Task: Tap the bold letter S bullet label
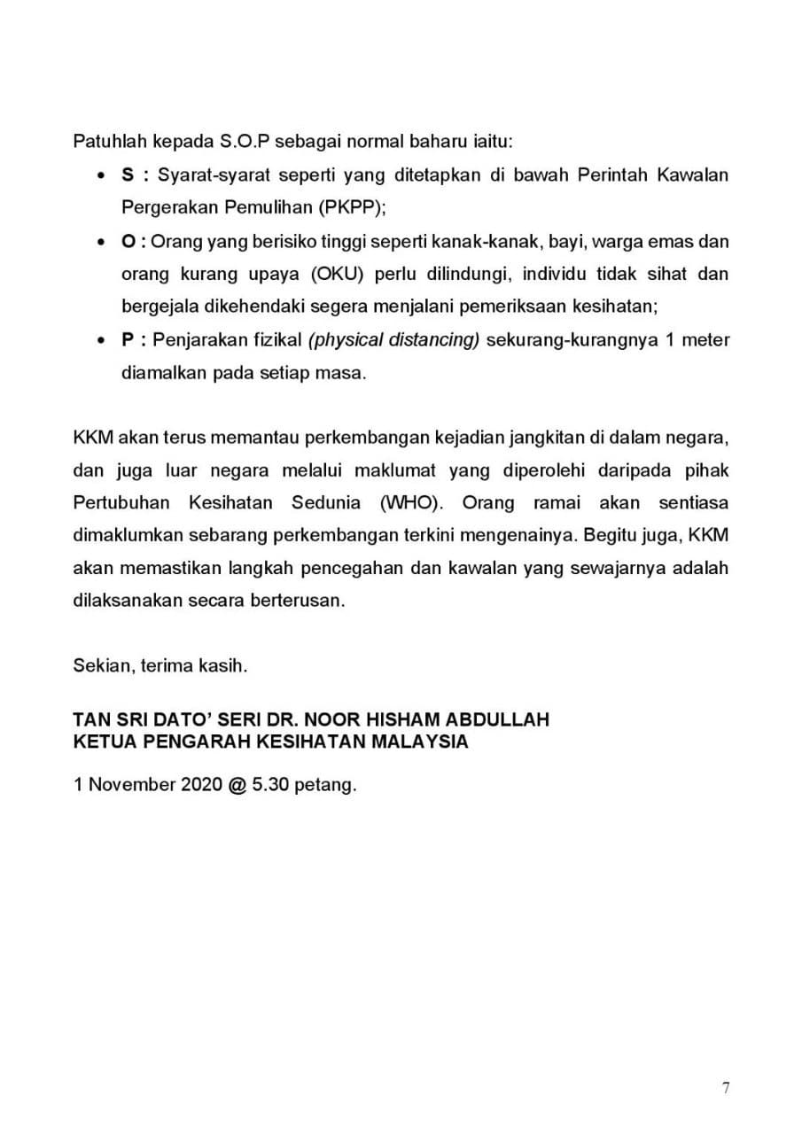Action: click(x=127, y=175)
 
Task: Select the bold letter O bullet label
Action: click(x=128, y=241)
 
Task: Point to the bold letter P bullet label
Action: click(x=127, y=340)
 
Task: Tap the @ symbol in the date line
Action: click(x=236, y=785)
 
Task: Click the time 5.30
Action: click(x=272, y=785)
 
